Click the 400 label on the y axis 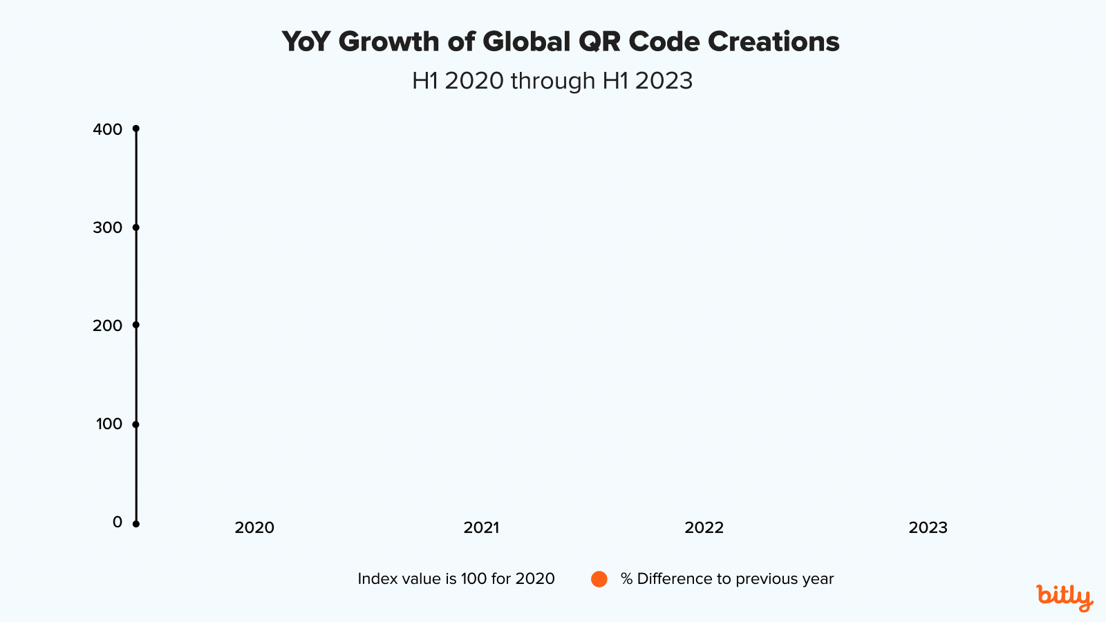(107, 129)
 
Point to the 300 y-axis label (107, 227)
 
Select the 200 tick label (107, 326)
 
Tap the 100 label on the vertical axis (109, 424)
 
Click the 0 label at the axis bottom (118, 522)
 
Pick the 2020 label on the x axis (254, 528)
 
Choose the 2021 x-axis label (481, 528)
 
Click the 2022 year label (704, 528)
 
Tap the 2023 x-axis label (928, 528)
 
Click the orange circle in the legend (599, 579)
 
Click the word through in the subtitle (553, 81)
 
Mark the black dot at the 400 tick (136, 129)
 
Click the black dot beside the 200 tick (136, 325)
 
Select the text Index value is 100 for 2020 (456, 579)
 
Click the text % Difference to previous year (727, 579)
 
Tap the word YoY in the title (306, 42)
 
